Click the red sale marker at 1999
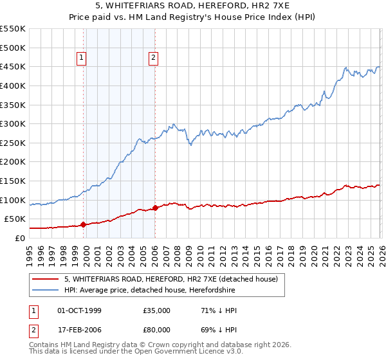pos(84,224)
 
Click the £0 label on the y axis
pos(19,238)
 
